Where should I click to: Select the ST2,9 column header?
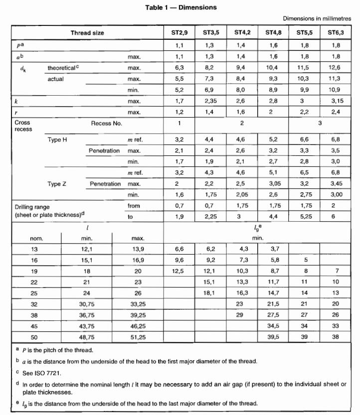click(179, 33)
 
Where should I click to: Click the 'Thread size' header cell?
click(88, 33)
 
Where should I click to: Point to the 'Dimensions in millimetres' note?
click(317, 18)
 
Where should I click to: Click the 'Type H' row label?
click(57, 139)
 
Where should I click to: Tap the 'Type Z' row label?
click(57, 184)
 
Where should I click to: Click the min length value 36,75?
click(87, 315)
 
